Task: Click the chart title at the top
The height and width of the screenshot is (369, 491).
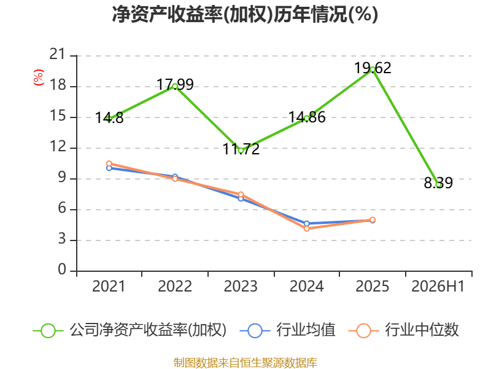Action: click(245, 14)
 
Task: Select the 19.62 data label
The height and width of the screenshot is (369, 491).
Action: click(373, 68)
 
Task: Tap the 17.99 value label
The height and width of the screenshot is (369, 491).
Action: click(175, 84)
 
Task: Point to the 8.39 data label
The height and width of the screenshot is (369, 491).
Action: click(438, 183)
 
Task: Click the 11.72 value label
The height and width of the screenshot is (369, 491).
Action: click(241, 149)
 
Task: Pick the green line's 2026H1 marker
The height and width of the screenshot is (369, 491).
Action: click(439, 185)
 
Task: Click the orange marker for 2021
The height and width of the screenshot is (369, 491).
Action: click(109, 164)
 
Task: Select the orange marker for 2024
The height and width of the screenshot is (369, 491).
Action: click(306, 229)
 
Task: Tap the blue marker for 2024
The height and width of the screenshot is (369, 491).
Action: click(306, 223)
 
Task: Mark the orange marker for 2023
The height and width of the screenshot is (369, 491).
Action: click(241, 194)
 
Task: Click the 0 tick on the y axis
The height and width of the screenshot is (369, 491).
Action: click(62, 270)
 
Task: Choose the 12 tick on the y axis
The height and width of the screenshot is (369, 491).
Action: click(58, 147)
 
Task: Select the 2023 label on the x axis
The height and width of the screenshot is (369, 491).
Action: click(241, 287)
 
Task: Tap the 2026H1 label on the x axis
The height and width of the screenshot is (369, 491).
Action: click(438, 287)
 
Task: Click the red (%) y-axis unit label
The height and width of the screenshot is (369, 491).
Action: click(38, 77)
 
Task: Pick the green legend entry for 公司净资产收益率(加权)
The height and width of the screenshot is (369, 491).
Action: click(130, 330)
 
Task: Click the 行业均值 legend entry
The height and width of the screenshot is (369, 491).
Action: click(287, 330)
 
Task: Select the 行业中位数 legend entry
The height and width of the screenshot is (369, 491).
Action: click(404, 330)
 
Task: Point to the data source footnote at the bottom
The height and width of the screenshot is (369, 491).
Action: click(245, 363)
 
